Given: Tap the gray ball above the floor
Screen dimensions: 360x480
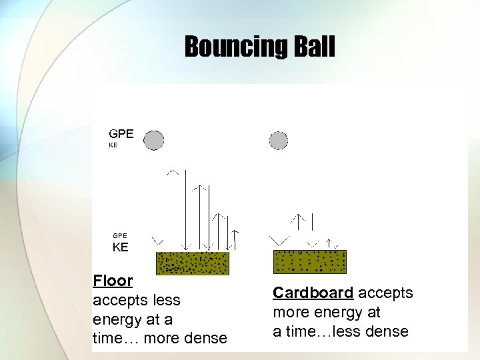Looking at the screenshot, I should click(x=154, y=140).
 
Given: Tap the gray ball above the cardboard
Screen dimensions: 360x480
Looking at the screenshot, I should click(x=279, y=140).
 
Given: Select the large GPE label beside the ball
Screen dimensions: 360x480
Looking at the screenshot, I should click(x=121, y=133).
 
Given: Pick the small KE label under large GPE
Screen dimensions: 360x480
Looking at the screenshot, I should click(x=113, y=145).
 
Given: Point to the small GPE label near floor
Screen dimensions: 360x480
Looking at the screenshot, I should click(x=120, y=235).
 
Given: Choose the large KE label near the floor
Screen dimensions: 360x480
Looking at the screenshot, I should click(x=120, y=247).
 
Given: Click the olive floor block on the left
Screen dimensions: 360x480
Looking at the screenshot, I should click(x=192, y=263).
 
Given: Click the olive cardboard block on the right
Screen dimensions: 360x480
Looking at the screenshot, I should click(x=310, y=261).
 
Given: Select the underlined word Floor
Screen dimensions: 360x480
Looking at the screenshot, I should click(x=113, y=281).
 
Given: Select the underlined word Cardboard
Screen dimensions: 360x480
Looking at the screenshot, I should click(x=313, y=293).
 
